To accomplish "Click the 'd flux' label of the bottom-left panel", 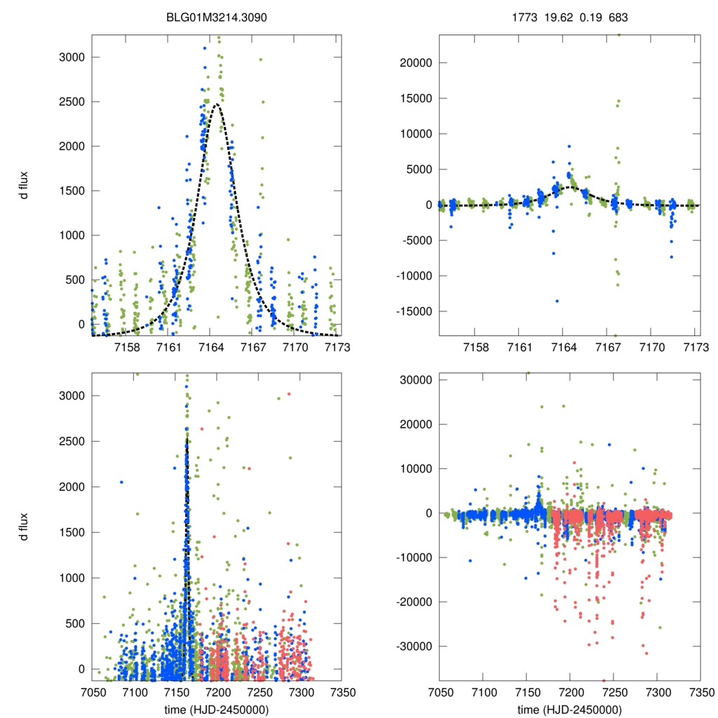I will click(25, 527).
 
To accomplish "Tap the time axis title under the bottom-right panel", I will click(569, 709).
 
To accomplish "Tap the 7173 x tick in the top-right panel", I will click(695, 348).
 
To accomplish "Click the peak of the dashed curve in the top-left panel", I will click(217, 104).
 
